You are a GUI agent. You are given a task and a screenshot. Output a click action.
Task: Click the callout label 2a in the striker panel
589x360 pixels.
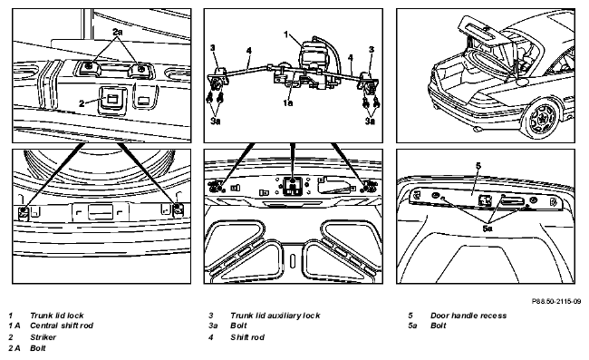[x=118, y=32]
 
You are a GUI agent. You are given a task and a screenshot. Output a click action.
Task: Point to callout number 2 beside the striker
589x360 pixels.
[x=82, y=103]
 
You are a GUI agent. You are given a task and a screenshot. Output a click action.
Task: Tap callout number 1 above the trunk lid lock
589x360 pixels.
[x=285, y=34]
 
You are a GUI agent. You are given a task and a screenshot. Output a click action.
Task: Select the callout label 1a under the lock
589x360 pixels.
[x=288, y=102]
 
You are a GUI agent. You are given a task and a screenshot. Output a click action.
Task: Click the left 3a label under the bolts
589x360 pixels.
[x=216, y=121]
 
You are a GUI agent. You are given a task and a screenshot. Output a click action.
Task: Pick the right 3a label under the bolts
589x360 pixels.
[x=371, y=121]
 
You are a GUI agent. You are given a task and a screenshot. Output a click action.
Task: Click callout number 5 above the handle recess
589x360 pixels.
[x=478, y=166]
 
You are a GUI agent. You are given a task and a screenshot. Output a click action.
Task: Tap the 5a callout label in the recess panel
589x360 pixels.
[x=488, y=229]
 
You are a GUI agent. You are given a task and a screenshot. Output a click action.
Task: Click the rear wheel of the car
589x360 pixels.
[x=542, y=118]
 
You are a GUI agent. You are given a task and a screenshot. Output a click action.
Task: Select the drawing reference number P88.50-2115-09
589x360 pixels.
[x=556, y=301]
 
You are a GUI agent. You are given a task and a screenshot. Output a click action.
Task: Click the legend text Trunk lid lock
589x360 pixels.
[x=57, y=316]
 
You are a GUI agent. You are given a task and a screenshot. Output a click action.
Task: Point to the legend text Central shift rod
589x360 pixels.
[x=62, y=326]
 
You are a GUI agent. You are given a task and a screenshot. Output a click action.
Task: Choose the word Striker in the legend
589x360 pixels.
[x=43, y=337]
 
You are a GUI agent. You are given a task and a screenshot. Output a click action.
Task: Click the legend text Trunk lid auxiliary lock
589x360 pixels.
[x=275, y=316]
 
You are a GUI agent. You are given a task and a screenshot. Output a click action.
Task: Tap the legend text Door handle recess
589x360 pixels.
[x=468, y=316]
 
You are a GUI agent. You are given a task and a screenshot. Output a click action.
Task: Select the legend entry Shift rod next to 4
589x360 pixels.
[x=247, y=337]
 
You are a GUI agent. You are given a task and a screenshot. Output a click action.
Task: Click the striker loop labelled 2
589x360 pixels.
[x=112, y=100]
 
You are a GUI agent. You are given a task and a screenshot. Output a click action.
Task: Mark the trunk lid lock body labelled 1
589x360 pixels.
[x=314, y=56]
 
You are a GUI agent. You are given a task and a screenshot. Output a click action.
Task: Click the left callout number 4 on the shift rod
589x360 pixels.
[x=248, y=51]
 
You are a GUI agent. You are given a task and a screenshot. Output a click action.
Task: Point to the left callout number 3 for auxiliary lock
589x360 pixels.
[x=213, y=48]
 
